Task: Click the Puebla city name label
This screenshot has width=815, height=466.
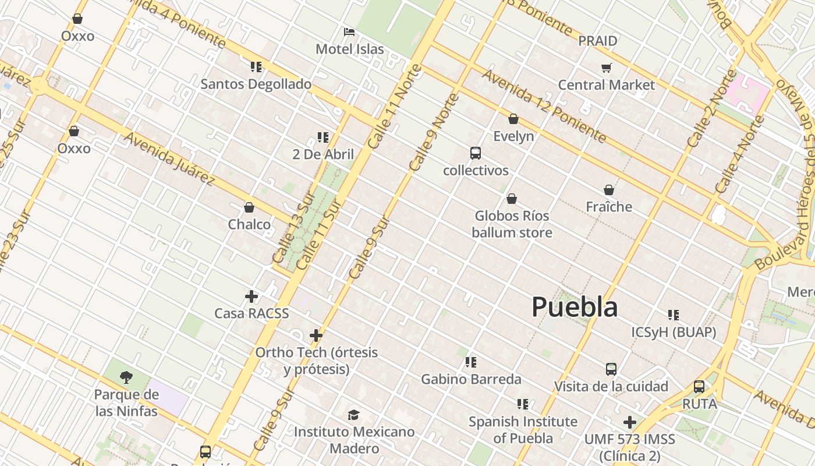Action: (575, 307)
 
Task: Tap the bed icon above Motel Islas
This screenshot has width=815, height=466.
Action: (349, 31)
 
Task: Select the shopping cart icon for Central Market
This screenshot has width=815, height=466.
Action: (607, 68)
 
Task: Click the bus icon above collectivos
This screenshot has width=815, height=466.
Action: (476, 153)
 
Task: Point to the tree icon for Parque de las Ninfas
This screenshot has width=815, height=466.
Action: (126, 377)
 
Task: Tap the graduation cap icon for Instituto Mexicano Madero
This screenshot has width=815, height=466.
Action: (353, 415)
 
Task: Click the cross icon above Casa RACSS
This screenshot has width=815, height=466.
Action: (251, 296)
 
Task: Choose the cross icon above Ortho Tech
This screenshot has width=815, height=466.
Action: (316, 336)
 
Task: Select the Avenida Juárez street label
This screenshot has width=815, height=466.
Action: (169, 158)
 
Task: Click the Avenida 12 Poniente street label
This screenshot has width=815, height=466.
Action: (544, 106)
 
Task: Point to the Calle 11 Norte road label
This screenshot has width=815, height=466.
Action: (395, 106)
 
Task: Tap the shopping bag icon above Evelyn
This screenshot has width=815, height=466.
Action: (513, 119)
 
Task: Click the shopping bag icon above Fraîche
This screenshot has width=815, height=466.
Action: (609, 190)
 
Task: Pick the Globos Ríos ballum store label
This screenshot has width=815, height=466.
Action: (512, 224)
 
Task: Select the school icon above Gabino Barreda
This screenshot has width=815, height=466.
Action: (471, 362)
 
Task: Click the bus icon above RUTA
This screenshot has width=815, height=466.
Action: (699, 387)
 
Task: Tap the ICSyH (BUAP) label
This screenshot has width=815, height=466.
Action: (674, 332)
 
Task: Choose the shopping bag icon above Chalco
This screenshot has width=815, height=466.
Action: (249, 207)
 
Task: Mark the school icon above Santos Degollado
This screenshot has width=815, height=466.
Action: (256, 67)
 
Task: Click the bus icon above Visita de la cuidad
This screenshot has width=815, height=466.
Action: (611, 369)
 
